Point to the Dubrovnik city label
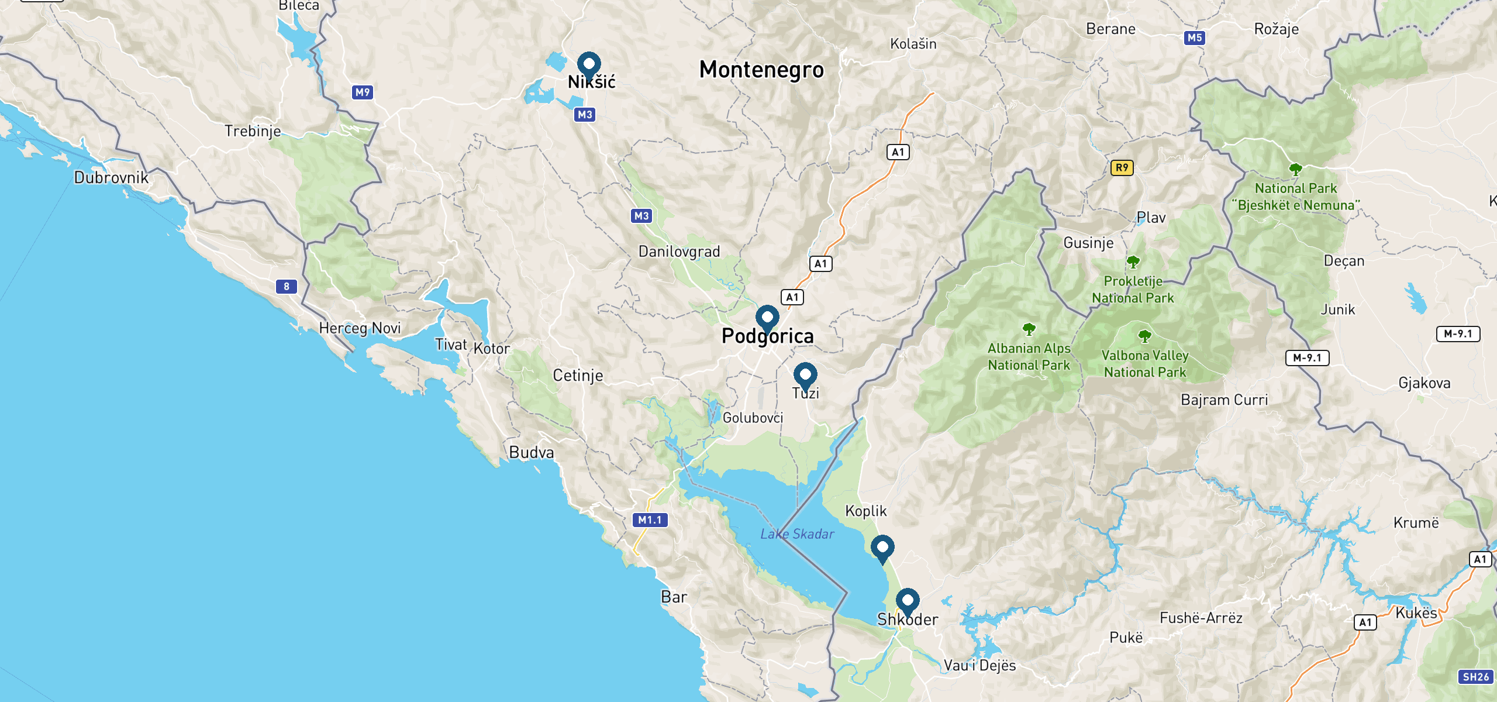(111, 178)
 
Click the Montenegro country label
(761, 70)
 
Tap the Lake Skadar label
(797, 534)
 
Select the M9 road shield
(363, 92)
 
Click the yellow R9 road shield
(1122, 168)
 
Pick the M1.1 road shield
(650, 520)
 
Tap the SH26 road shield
(1475, 677)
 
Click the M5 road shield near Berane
(1194, 38)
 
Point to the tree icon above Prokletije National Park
(1133, 261)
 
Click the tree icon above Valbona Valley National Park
(1145, 336)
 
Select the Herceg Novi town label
(360, 328)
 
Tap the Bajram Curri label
(1224, 400)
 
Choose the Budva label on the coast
(531, 452)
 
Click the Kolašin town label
(913, 44)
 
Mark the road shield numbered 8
(287, 287)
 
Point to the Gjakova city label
(1424, 383)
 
